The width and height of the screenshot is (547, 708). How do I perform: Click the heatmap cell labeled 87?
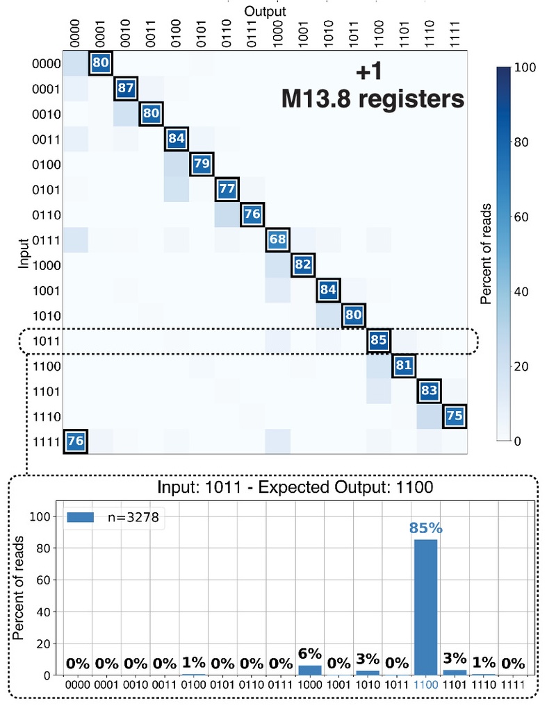[x=126, y=89]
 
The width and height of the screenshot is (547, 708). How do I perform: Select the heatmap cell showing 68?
[x=277, y=240]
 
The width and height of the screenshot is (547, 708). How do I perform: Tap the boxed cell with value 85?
[x=379, y=341]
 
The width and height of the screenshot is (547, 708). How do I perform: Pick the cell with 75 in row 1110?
[x=454, y=416]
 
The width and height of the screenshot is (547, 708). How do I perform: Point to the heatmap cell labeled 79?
[x=202, y=165]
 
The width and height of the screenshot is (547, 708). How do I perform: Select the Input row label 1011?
[x=44, y=341]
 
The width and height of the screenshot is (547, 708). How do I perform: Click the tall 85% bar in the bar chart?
[x=426, y=607]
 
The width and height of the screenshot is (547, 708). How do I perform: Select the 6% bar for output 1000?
[x=310, y=670]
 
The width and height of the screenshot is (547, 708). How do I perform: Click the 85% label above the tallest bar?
[x=426, y=528]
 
